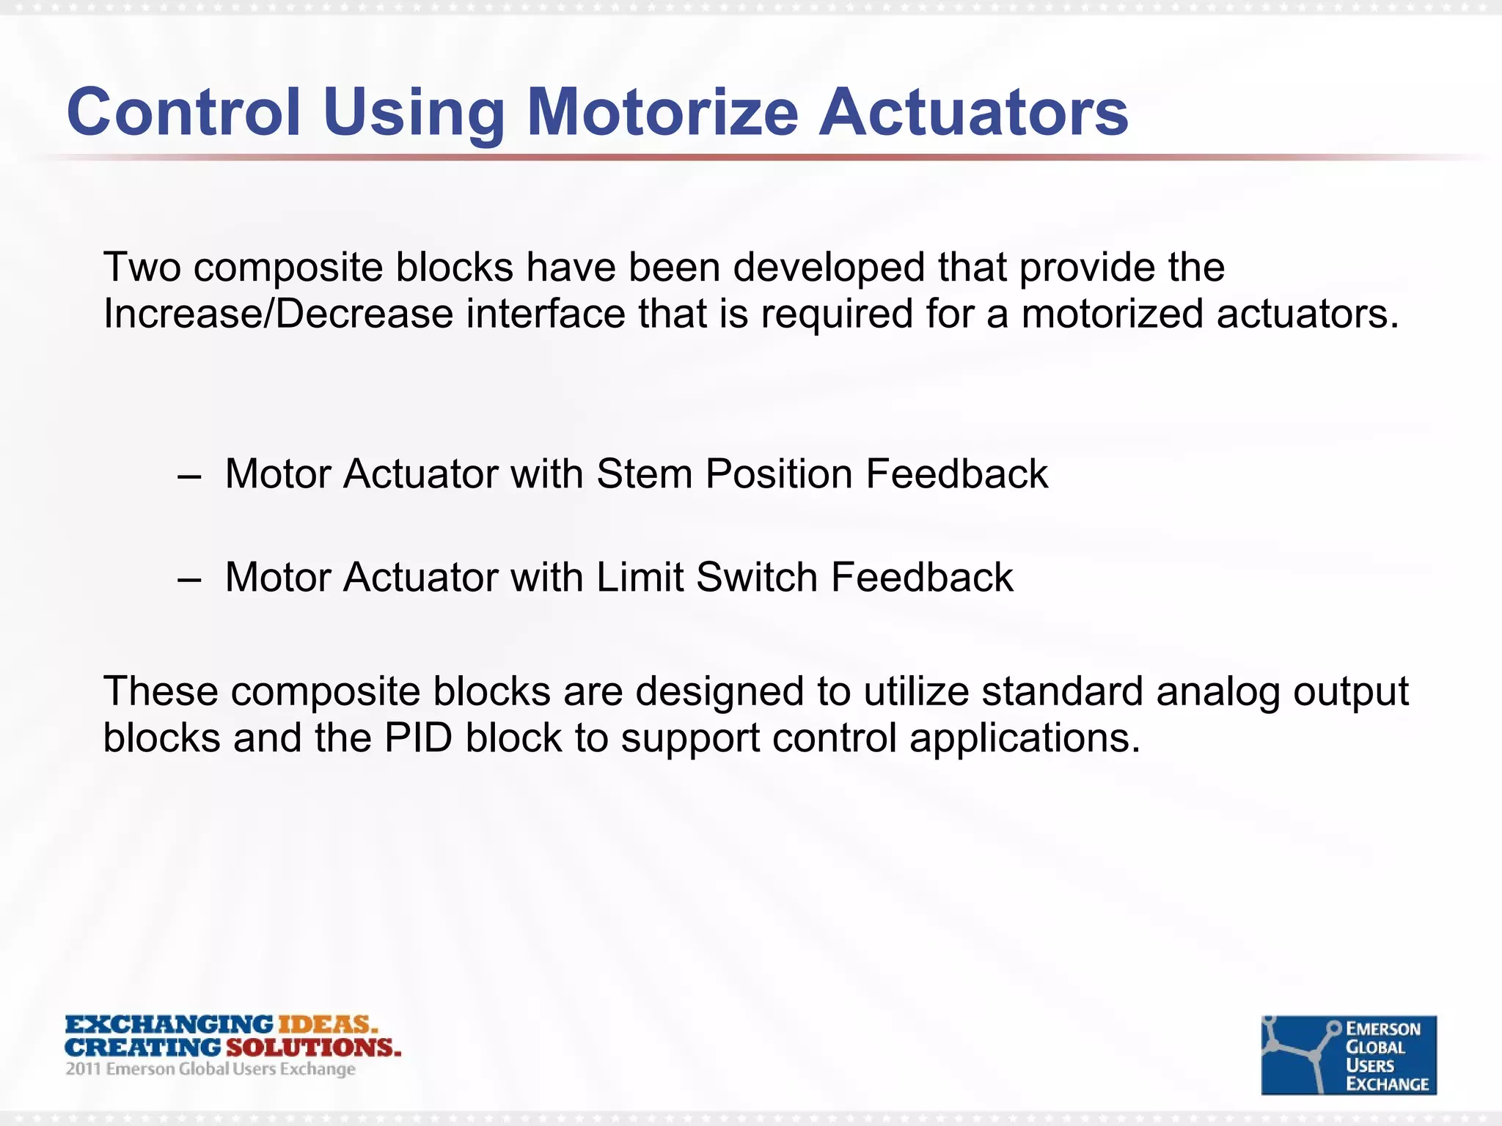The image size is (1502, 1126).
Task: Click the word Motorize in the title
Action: pos(662,112)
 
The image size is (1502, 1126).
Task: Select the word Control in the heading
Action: pos(183,112)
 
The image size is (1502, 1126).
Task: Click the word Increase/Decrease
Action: pos(278,314)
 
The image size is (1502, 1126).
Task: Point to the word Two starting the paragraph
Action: pos(142,267)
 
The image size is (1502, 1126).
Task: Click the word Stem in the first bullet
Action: pos(644,474)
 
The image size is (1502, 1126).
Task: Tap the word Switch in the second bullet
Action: pos(756,577)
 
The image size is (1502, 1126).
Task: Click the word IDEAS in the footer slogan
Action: pos(327,1024)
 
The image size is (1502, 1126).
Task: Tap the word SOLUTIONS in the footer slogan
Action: pos(313,1048)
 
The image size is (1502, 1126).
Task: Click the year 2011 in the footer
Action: pos(83,1069)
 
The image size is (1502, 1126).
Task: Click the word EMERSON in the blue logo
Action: pos(1383,1029)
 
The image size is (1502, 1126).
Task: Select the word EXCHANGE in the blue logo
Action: pos(1388,1084)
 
